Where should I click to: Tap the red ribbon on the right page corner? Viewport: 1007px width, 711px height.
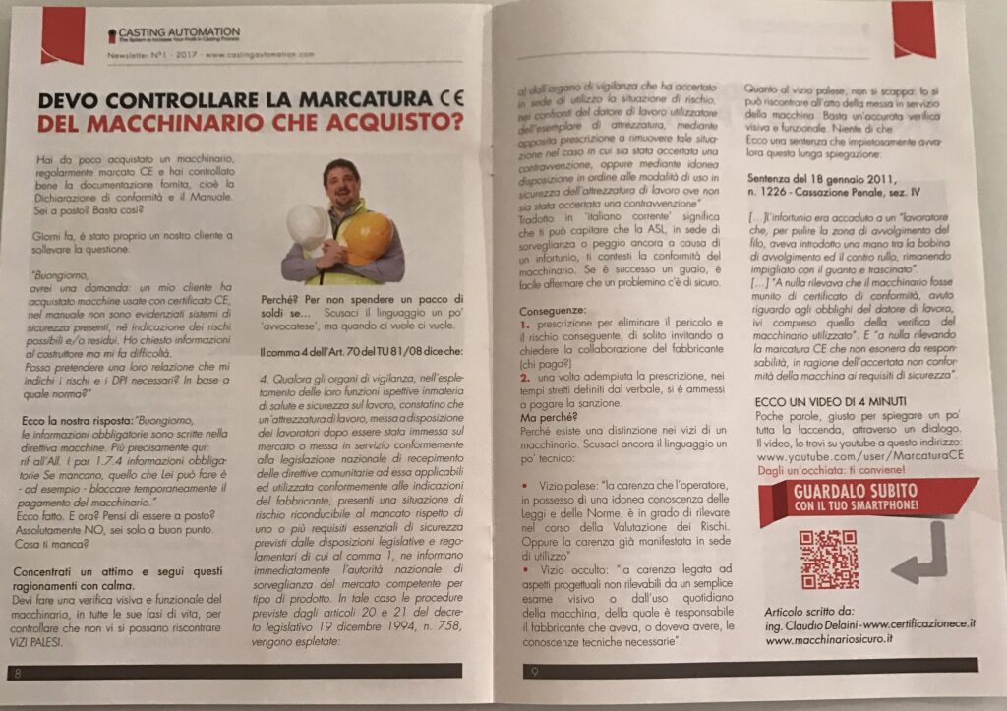pos(914,28)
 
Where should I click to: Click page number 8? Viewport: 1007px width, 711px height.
pos(18,673)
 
